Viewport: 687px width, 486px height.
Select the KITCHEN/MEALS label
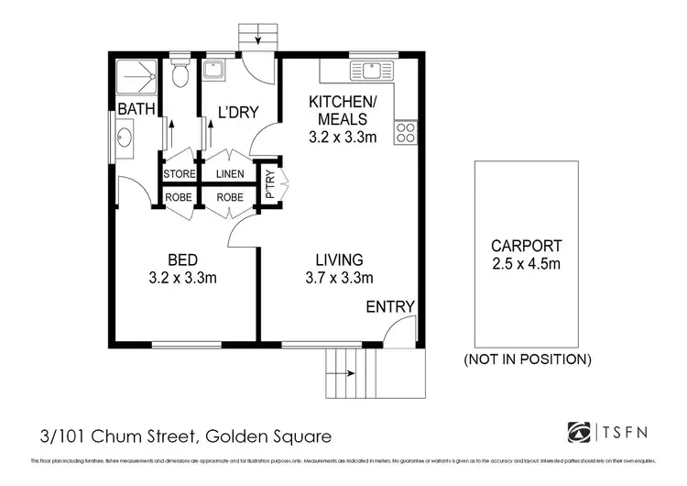click(x=338, y=110)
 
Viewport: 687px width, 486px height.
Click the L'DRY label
click(x=237, y=113)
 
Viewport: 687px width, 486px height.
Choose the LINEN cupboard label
click(x=229, y=173)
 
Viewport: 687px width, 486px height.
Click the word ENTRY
click(x=390, y=306)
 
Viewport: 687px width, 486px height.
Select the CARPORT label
click(x=526, y=246)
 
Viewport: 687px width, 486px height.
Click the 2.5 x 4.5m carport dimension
click(x=526, y=265)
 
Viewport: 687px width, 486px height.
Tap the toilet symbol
click(x=180, y=73)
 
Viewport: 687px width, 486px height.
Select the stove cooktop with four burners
click(x=406, y=132)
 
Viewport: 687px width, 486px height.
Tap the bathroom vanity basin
click(x=125, y=138)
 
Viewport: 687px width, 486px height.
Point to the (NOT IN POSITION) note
click(x=528, y=359)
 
